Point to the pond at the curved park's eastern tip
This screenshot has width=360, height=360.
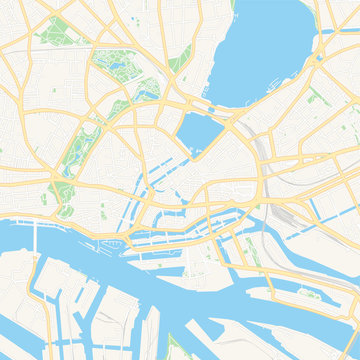pyautogui.click(x=151, y=86)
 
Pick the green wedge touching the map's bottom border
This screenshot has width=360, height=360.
pyautogui.click(x=180, y=345)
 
